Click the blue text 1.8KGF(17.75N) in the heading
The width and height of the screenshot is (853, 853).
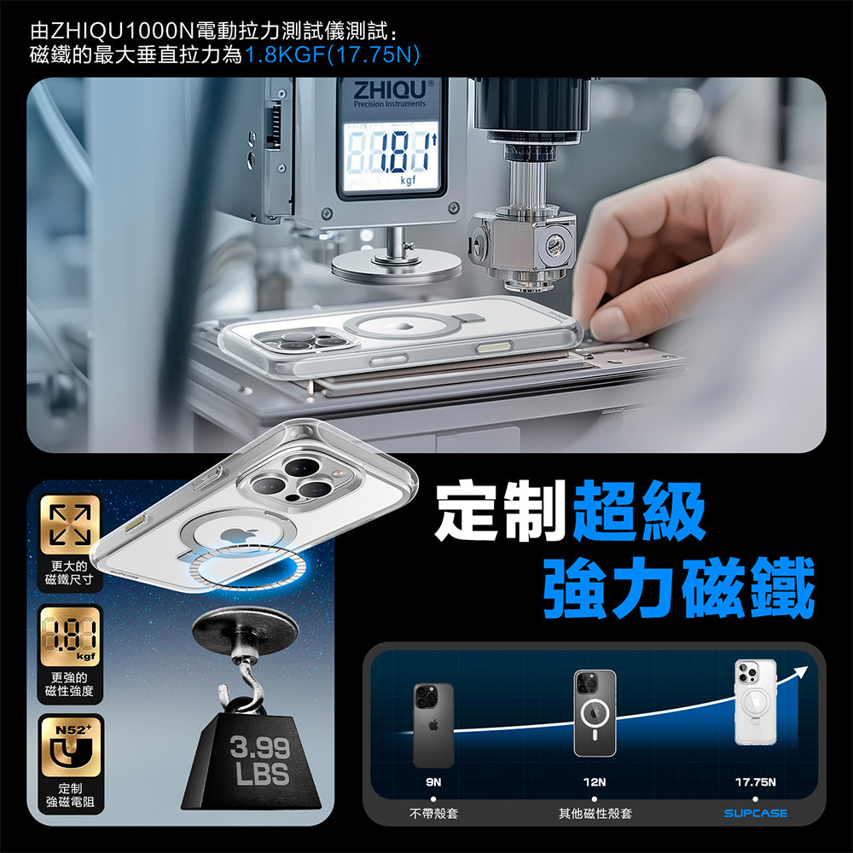(x=333, y=55)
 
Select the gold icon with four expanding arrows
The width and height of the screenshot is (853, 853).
(x=70, y=525)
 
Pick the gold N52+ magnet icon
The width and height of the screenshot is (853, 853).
(x=70, y=746)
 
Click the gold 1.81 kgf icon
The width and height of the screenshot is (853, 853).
(x=70, y=636)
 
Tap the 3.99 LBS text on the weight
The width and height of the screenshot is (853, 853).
(x=260, y=760)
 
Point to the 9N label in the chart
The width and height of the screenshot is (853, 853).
(x=433, y=781)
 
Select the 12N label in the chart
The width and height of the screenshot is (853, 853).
(x=595, y=781)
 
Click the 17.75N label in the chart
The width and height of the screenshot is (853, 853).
(x=755, y=781)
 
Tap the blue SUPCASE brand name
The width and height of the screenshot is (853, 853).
(x=756, y=813)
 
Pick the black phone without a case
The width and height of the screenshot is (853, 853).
(x=433, y=725)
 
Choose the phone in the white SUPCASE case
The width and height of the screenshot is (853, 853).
(x=755, y=702)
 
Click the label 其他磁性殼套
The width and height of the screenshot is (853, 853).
(x=595, y=814)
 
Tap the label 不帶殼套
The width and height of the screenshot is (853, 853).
(x=433, y=814)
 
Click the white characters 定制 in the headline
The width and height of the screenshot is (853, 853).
(x=499, y=511)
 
